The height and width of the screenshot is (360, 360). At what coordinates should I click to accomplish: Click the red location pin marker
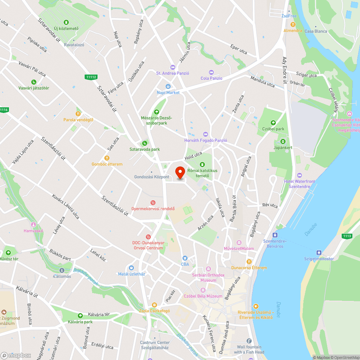point(180,172)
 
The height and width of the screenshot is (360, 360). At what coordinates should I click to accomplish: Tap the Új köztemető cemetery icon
point(66,22)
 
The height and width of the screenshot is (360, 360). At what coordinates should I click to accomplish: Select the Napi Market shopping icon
point(168,86)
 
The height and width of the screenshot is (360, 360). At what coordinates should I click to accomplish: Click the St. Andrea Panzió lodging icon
point(172,67)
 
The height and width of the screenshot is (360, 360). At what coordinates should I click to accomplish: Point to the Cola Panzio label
point(211,78)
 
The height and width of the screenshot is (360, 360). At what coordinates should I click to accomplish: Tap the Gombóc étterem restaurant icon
point(107,158)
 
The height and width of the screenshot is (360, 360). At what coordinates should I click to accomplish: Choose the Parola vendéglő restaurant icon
point(78,113)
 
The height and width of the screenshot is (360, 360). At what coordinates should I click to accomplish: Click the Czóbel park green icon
point(273,122)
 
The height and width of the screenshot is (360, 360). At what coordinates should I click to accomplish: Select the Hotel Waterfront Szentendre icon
point(299,175)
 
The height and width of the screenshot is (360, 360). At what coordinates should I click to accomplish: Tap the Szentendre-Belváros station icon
point(275,235)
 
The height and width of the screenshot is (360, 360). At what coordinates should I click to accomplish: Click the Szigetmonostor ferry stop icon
point(319,253)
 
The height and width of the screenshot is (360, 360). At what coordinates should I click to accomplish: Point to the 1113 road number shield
point(347,236)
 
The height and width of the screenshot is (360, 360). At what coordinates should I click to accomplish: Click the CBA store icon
point(185,258)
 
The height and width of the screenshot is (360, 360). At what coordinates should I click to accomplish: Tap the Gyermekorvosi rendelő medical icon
point(153,203)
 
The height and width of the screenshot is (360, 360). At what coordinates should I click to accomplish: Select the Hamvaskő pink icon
point(33,225)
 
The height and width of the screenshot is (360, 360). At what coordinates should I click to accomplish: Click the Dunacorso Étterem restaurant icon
point(249,261)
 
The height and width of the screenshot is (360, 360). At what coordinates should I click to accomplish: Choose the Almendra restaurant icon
point(293,24)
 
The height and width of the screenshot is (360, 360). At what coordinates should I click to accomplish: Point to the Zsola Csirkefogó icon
point(154,305)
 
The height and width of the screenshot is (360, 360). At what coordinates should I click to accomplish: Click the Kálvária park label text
point(80,321)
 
